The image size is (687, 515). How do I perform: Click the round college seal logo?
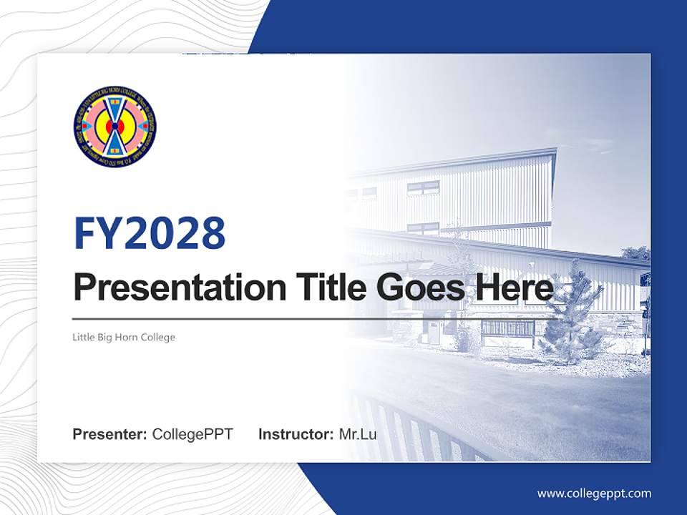(114, 127)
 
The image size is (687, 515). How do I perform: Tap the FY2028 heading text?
(149, 233)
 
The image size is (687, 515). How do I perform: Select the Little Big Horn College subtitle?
(124, 337)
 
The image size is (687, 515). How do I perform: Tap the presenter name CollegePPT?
(193, 434)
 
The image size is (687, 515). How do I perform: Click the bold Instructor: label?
(296, 434)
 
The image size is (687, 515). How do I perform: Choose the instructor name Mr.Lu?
(358, 434)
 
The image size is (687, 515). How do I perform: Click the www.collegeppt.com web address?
(594, 493)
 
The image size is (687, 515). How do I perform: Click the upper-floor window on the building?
(423, 187)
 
